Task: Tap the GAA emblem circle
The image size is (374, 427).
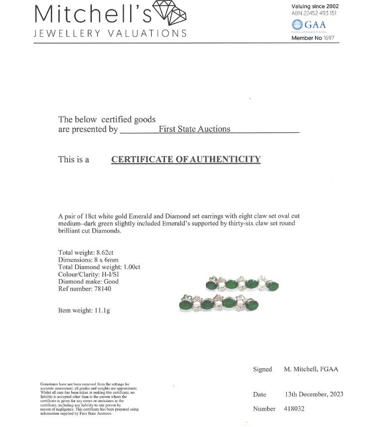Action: pos(297,25)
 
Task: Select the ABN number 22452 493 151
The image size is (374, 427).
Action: pos(314,13)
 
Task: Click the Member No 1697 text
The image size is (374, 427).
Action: pos(313,38)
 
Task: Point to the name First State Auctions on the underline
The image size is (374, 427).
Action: pos(194,129)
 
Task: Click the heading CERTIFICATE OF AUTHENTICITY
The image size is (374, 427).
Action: pos(186,159)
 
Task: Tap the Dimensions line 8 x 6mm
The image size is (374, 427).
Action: pos(88,260)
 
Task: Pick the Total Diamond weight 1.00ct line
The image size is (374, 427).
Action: pos(99,267)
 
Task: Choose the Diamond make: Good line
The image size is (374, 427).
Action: pos(88,282)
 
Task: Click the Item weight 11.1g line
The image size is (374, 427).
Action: pos(84,311)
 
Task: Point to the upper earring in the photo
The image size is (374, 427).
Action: pos(242,284)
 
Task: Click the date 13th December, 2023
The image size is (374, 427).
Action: pos(314,394)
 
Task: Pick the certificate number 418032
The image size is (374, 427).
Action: pos(294,409)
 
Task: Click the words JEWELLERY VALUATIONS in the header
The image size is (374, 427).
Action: pos(110,33)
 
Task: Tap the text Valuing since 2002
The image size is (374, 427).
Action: pos(315,6)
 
